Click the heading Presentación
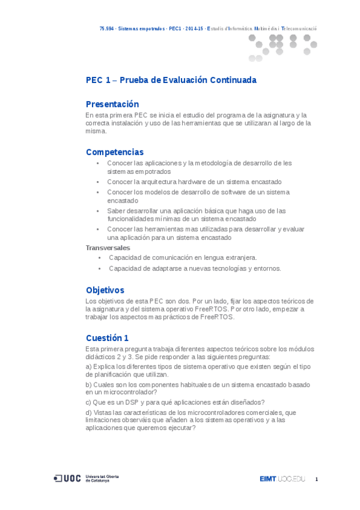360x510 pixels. [x=112, y=104]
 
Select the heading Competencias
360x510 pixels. [x=115, y=152]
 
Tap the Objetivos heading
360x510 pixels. [x=105, y=290]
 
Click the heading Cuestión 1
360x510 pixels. [x=107, y=337]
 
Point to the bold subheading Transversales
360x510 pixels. [x=108, y=247]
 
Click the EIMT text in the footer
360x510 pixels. [x=267, y=479]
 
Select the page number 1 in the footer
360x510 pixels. [x=316, y=479]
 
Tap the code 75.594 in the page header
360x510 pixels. [x=107, y=28]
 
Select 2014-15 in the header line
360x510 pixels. [x=194, y=28]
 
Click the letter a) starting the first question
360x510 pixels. [x=88, y=366]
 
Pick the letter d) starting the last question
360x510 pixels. [x=88, y=413]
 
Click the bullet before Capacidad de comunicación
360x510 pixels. [x=99, y=257]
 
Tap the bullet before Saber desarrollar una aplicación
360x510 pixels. [x=98, y=211]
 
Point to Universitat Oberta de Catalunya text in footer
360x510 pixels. [x=102, y=479]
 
